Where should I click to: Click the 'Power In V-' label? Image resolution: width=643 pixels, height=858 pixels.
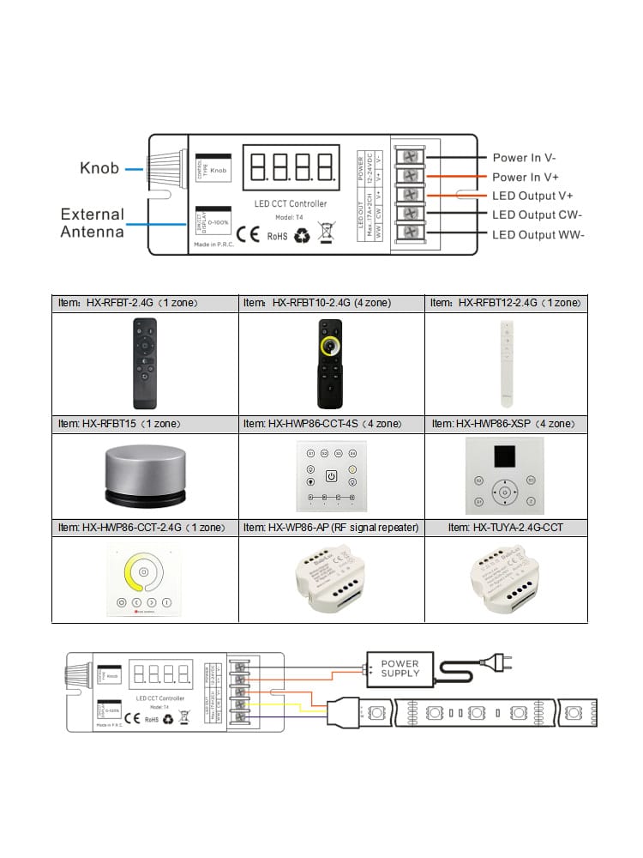[524, 158]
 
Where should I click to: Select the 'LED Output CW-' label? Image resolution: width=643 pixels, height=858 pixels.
[537, 215]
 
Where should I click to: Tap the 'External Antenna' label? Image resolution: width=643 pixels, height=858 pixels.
[92, 222]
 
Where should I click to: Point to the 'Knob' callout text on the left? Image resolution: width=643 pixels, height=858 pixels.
[99, 168]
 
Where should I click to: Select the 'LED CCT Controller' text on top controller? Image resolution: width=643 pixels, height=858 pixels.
[291, 204]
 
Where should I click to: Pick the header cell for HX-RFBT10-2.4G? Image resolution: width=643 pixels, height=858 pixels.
[330, 303]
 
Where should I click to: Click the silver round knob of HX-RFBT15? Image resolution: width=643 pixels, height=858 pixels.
[144, 474]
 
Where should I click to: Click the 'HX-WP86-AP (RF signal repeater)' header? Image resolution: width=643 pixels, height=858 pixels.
[330, 527]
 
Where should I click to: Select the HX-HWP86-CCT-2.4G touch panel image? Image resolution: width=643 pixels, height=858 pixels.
[144, 578]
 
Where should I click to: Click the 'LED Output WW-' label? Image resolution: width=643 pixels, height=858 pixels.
[538, 235]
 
